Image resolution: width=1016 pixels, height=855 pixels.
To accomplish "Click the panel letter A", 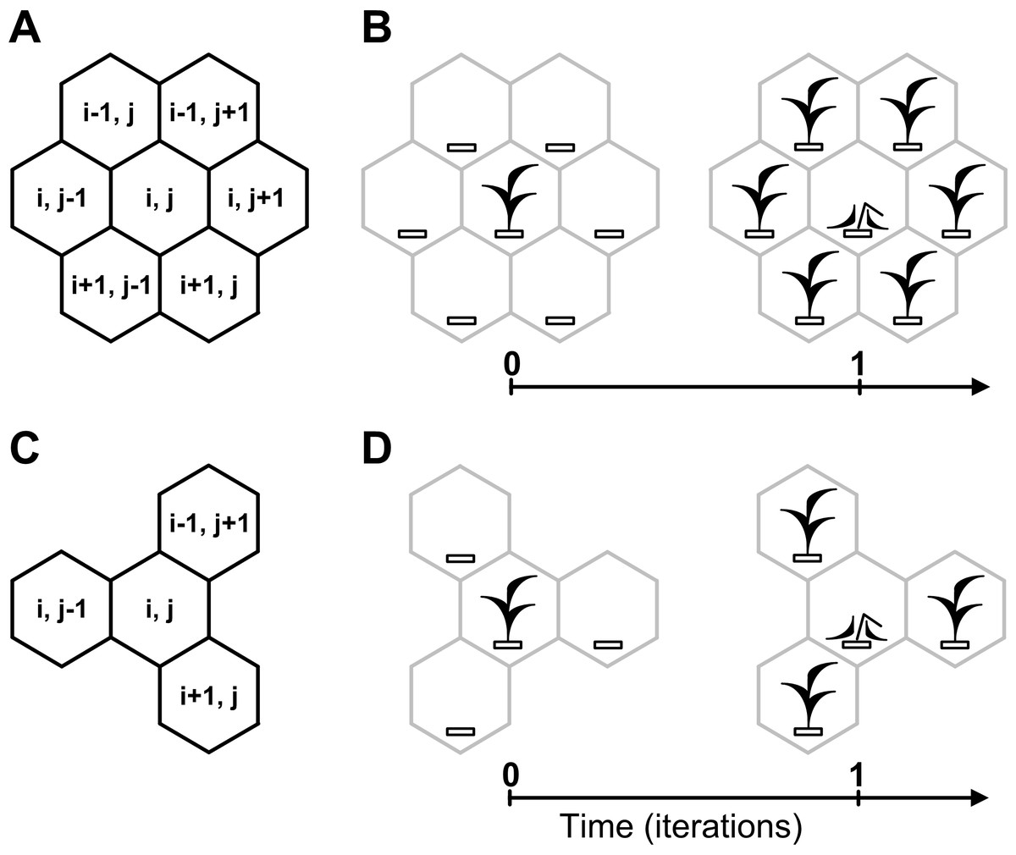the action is pos(25,28).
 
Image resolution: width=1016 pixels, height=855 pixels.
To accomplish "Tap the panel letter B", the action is pos(377,28).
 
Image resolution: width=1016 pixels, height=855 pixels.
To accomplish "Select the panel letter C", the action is pos(25,448).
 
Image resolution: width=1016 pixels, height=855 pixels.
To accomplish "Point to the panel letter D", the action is pos(377,448).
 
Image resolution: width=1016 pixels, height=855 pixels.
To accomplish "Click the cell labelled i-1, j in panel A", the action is pos(109,113).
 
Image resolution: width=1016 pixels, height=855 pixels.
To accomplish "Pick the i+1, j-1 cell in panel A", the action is pos(111,285).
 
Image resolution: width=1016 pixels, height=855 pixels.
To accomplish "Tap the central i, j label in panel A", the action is pos(160,200).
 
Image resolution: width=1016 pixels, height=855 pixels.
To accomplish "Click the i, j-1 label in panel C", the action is pos(61,610).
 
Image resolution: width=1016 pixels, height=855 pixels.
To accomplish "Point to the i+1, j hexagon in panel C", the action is pos(209,696).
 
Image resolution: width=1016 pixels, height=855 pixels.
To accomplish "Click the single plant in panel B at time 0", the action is pos(510,201).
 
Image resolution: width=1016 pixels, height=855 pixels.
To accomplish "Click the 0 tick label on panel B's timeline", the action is pos(511,363).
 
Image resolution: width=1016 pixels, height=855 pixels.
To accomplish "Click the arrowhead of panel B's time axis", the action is pos(980,388).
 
